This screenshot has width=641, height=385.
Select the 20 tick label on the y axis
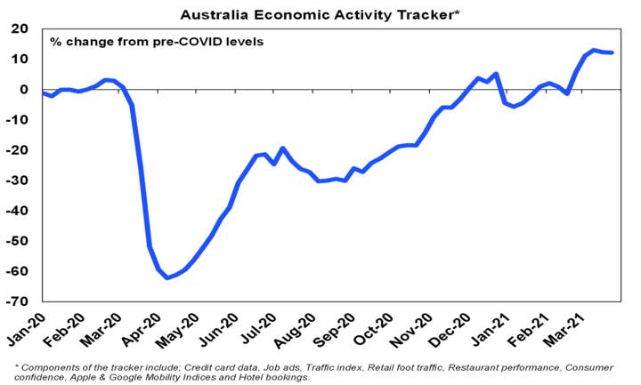(x=22, y=28)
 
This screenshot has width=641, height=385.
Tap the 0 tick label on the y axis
(x=27, y=89)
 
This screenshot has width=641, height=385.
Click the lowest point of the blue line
(x=166, y=278)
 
